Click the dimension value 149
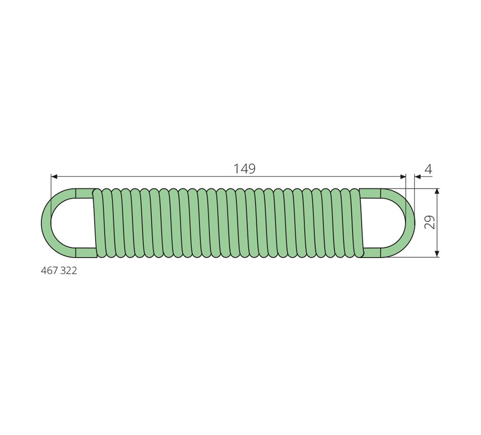245,168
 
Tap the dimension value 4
428,168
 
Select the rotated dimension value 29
430,222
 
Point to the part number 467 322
59,271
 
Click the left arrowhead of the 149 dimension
54,177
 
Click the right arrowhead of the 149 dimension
403,177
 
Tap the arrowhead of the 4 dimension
418,177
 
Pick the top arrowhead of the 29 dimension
437,192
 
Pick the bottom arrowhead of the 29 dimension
437,253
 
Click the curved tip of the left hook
46,223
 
